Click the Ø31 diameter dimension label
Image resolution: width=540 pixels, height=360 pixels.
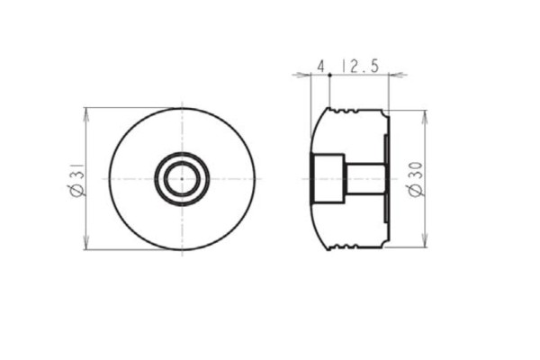(x=76, y=178)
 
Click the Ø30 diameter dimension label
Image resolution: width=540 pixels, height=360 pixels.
(x=416, y=179)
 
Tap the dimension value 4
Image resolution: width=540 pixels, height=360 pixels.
(x=320, y=66)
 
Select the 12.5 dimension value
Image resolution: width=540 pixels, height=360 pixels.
(x=360, y=66)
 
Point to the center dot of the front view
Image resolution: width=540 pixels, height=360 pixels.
(x=182, y=178)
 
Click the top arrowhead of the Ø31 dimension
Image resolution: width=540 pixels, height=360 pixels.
(x=85, y=112)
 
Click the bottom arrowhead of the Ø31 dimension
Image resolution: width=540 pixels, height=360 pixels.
(x=85, y=245)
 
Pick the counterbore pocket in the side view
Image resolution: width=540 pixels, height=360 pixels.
(x=328, y=178)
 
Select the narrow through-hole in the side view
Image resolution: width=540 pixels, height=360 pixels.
(x=365, y=178)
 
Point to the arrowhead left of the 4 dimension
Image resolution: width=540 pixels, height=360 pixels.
(x=301, y=76)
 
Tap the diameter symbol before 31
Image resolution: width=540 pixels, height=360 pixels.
(x=76, y=189)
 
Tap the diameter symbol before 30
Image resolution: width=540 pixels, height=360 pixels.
(x=416, y=191)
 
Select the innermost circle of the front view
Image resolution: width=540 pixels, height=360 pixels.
(x=182, y=178)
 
